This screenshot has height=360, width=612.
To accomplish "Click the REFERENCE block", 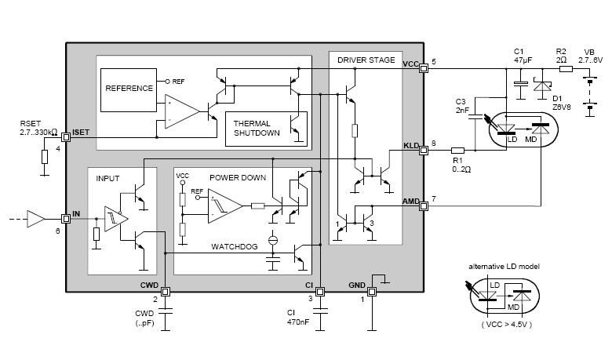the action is [x=129, y=90].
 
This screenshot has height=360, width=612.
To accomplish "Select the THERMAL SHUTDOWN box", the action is [x=266, y=129].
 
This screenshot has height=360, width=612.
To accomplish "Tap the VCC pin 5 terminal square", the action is [x=424, y=68].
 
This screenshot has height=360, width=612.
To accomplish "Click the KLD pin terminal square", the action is [x=424, y=150].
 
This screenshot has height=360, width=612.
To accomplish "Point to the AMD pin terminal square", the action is [x=424, y=205].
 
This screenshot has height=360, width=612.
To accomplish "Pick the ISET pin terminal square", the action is [x=66, y=137].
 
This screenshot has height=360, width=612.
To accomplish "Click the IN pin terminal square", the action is [x=66, y=218].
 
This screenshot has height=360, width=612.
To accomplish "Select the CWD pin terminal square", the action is [x=166, y=291].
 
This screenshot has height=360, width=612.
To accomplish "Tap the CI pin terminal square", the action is [x=319, y=291].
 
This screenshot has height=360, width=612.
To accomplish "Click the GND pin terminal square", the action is [x=372, y=291].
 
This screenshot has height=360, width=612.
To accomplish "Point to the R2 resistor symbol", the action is [x=566, y=69].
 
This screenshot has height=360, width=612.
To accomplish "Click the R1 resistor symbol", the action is [x=458, y=150].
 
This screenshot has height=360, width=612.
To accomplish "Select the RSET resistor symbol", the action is [x=45, y=156].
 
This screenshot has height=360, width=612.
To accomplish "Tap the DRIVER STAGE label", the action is [x=366, y=60].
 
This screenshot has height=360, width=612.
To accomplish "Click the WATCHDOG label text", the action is [x=234, y=246].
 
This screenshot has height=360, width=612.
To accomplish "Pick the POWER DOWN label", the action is [x=238, y=178].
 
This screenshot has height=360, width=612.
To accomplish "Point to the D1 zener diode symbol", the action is [x=542, y=85].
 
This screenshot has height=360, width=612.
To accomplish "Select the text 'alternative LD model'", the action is [x=504, y=267].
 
